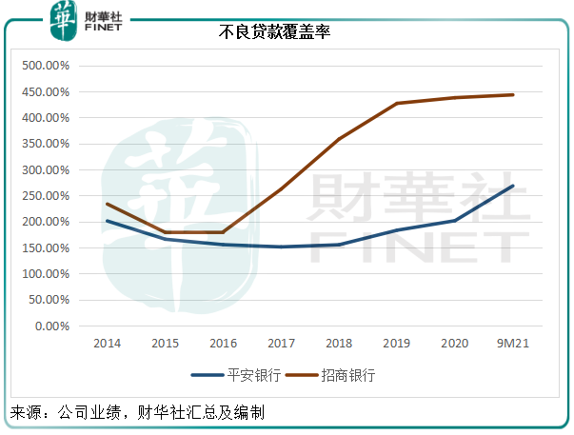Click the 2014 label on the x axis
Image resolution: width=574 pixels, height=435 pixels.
[x=107, y=343]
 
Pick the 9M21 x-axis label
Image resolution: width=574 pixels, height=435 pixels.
[x=513, y=343]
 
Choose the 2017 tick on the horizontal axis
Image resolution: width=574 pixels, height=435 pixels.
[x=281, y=343]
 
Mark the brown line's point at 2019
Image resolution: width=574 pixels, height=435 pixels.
[x=397, y=103]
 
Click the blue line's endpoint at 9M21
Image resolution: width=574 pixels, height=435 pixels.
[x=513, y=186]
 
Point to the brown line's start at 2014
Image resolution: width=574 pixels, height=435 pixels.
[x=107, y=204]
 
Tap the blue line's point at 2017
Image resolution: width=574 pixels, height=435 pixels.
[x=281, y=247]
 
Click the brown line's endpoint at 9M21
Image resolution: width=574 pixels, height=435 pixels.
[x=513, y=95]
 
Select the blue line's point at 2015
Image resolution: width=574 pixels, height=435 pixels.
[x=165, y=239]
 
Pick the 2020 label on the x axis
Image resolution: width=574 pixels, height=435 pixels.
[x=455, y=343]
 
